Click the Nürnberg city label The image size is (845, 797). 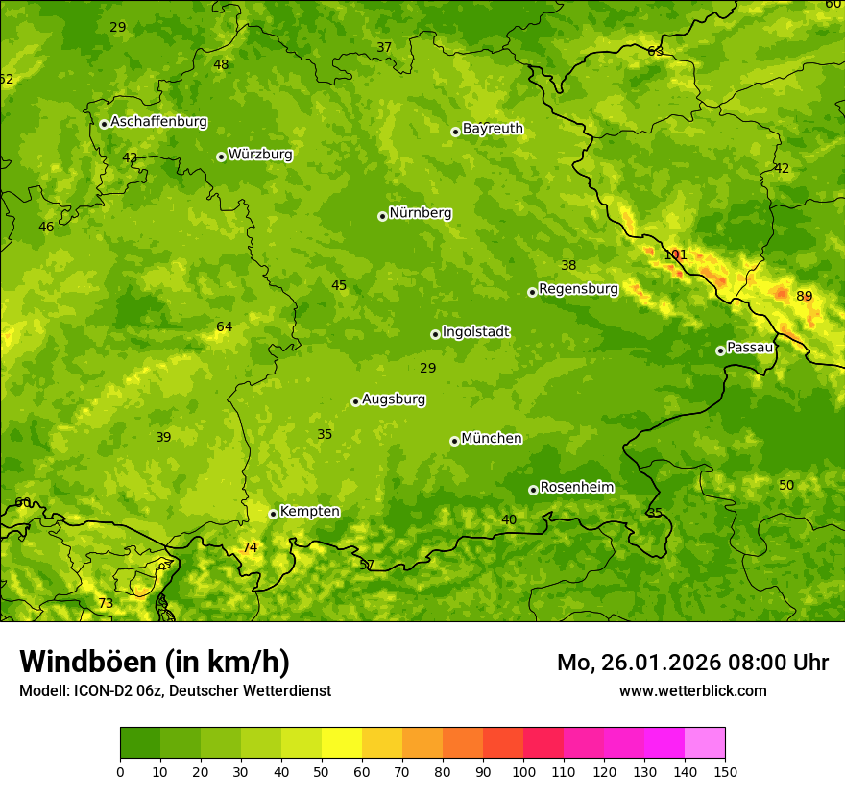(x=420, y=213)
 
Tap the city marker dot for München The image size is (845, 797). (x=455, y=441)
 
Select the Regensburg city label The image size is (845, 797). (x=578, y=288)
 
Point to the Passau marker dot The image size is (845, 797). (x=720, y=350)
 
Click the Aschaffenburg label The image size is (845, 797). (x=158, y=122)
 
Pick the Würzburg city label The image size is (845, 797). (x=260, y=154)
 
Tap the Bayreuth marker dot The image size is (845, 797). (x=456, y=132)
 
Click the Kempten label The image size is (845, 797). (x=309, y=511)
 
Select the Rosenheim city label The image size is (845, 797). (x=576, y=487)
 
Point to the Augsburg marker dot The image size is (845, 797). (x=356, y=401)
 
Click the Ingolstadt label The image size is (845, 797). (x=475, y=331)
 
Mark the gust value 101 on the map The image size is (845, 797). (x=676, y=254)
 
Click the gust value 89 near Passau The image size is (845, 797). (x=805, y=296)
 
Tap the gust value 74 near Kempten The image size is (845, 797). (x=250, y=547)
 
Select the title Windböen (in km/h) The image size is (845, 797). (x=155, y=662)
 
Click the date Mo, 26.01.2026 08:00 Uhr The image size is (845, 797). (x=692, y=663)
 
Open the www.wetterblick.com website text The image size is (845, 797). (x=692, y=690)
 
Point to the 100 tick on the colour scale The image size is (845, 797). (x=523, y=771)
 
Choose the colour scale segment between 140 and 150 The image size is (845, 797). (x=705, y=743)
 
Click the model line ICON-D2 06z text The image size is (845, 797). (x=175, y=690)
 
